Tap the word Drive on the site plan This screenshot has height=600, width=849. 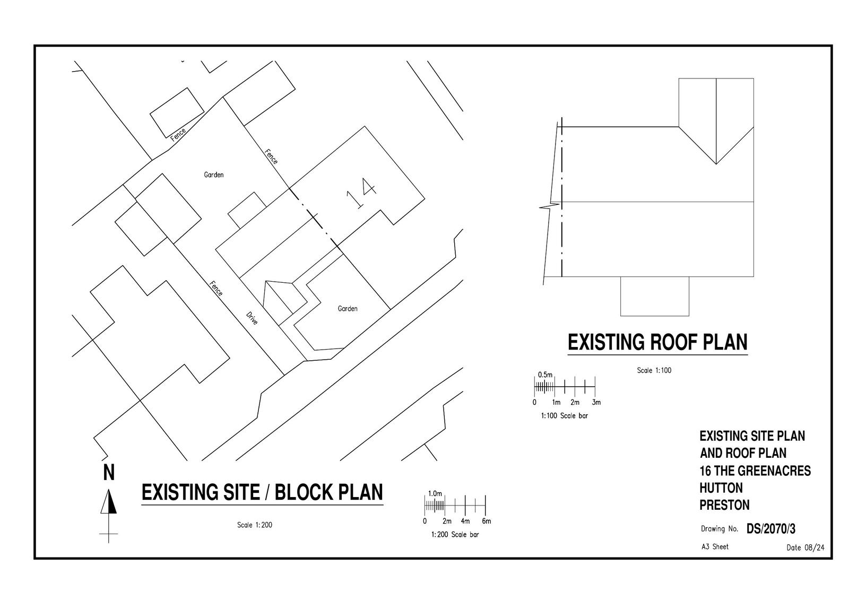coord(252,317)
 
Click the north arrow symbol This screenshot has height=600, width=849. coord(109,502)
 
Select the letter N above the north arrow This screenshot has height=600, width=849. coord(109,472)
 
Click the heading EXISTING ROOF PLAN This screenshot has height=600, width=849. coord(657,342)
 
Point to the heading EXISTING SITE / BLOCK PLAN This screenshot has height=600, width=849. coord(262,492)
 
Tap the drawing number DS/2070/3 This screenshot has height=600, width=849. coord(770,529)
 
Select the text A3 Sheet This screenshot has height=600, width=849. coord(715,546)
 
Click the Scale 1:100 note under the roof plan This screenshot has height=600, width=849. coord(654,370)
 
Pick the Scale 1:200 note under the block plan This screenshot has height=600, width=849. coord(255,525)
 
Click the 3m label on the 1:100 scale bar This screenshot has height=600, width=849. coord(596,403)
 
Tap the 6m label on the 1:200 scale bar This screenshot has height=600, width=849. coord(486,521)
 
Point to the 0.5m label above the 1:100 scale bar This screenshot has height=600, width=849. coord(545,375)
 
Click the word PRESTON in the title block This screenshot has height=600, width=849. coord(724,505)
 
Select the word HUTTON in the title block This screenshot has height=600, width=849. coord(721,488)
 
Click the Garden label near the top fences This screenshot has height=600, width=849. coord(214,175)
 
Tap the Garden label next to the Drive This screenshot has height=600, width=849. coord(348,309)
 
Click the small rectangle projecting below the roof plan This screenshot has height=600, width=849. coord(654,296)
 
